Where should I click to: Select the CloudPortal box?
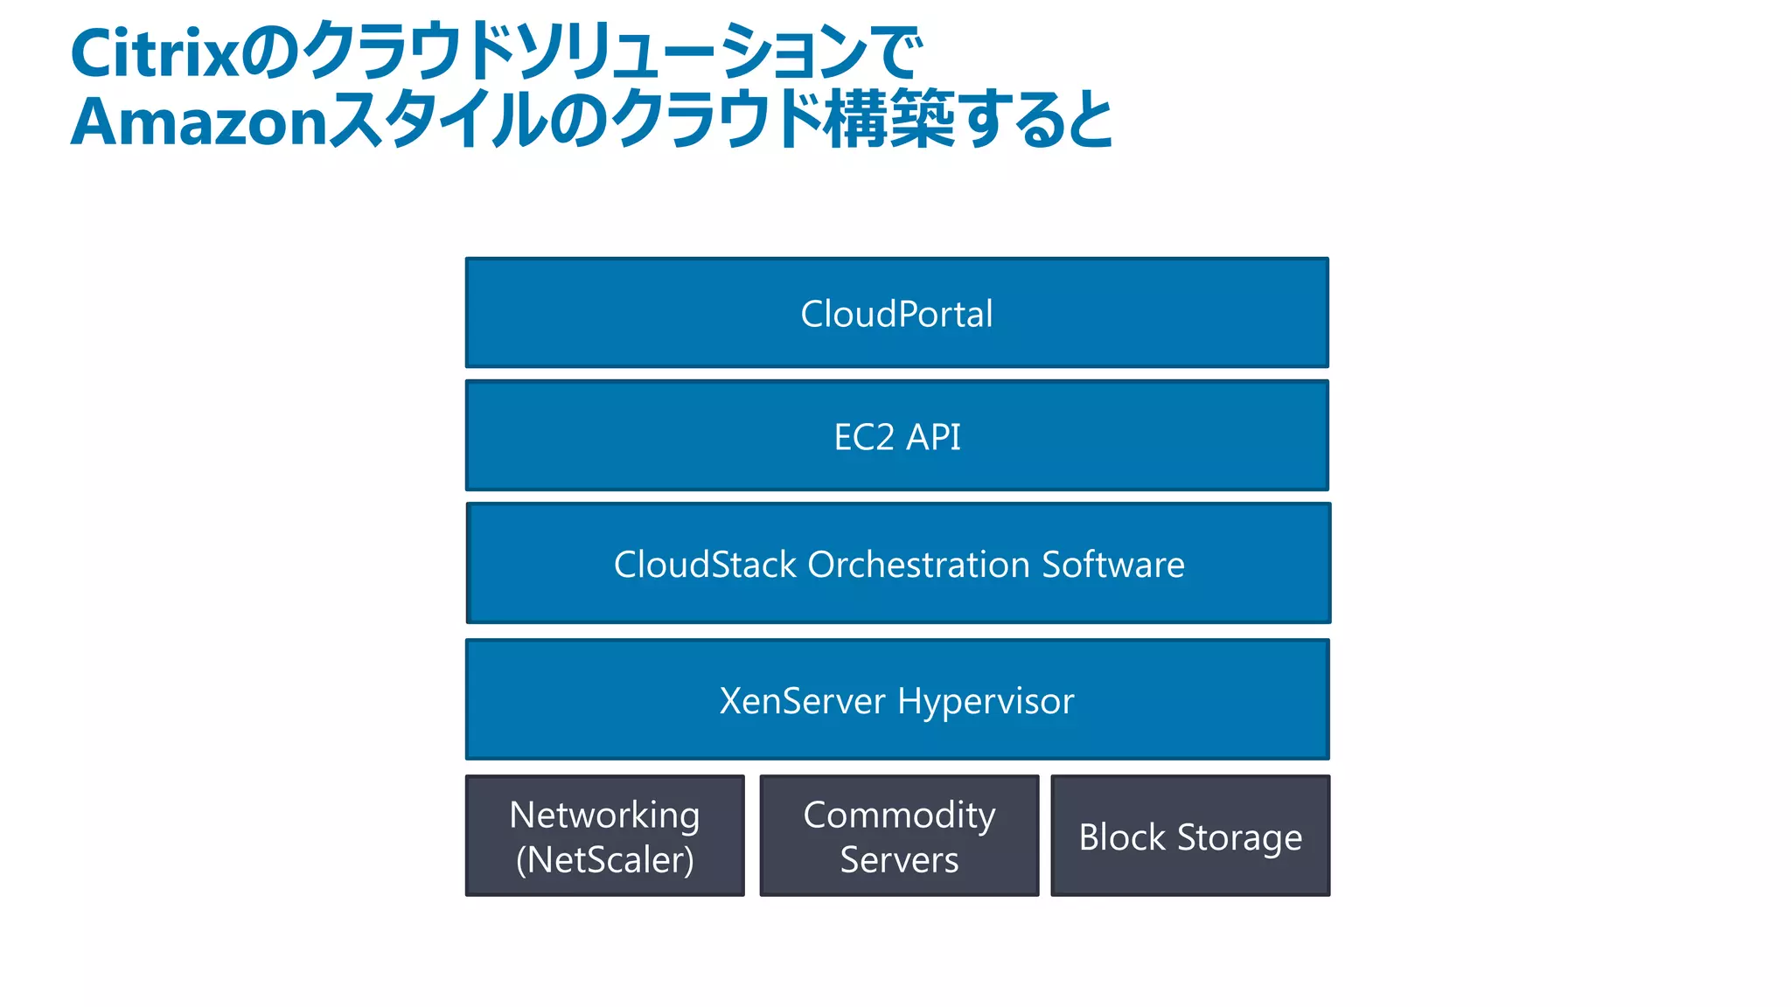coord(896,314)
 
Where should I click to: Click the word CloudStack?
coord(705,565)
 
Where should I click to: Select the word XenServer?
coord(802,701)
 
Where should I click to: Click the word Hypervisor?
coord(986,702)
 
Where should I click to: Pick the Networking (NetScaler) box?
coord(604,837)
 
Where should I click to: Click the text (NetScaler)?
coord(604,860)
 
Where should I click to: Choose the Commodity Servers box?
coord(899,837)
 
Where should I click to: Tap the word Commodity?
coord(899,816)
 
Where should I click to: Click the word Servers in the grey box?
coord(899,860)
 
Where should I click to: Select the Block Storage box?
coord(1190,837)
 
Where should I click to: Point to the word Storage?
coord(1239,838)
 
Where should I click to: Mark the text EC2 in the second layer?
coord(863,437)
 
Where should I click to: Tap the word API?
coord(933,437)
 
